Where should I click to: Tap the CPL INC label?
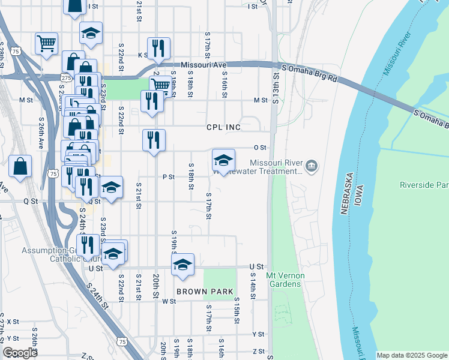click(x=223, y=127)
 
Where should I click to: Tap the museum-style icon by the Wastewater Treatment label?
click(x=311, y=166)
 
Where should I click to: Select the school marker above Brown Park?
click(x=183, y=265)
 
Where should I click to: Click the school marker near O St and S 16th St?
click(x=223, y=160)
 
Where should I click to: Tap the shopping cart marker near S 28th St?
click(x=46, y=43)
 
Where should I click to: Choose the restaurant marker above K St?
click(x=158, y=48)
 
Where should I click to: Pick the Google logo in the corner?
click(x=20, y=353)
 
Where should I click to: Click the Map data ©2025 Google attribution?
click(x=412, y=355)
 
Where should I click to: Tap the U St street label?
click(x=259, y=266)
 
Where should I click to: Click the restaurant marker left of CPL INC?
click(x=154, y=140)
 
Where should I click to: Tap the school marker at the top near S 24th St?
click(x=91, y=32)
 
